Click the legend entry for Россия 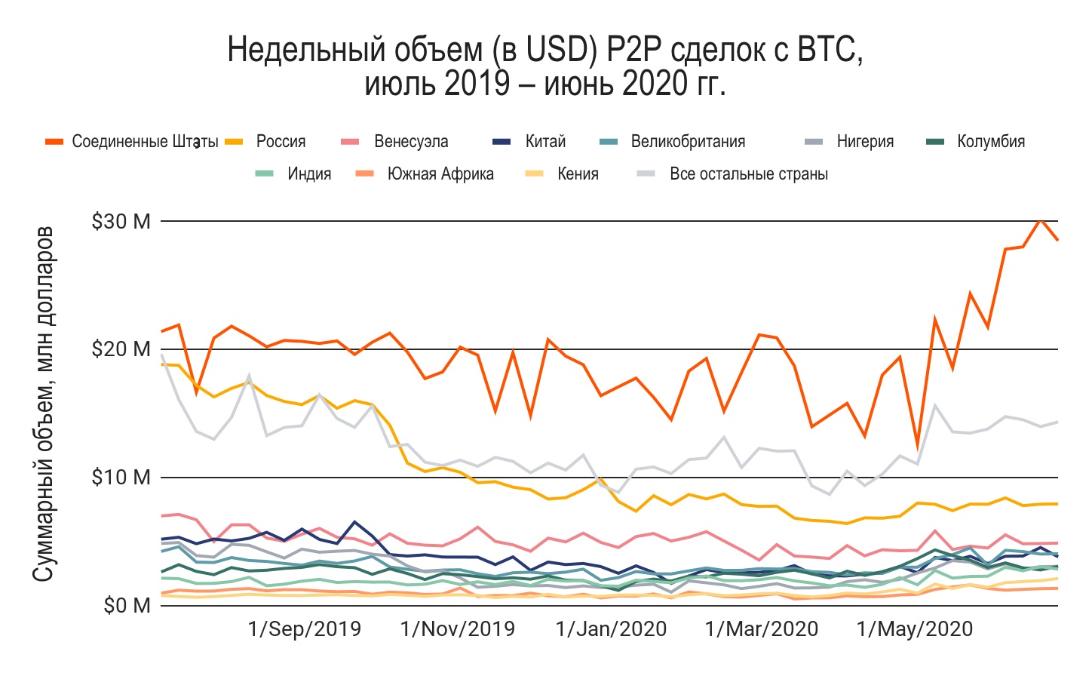click(281, 142)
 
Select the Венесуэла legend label click(410, 142)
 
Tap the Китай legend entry click(544, 142)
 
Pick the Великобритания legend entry click(687, 142)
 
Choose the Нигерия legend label click(864, 142)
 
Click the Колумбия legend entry click(990, 142)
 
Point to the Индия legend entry click(309, 174)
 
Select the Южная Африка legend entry click(440, 174)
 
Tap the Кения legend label click(577, 174)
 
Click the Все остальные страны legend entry click(748, 174)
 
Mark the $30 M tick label click(121, 222)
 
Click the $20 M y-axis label click(121, 349)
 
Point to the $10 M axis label click(121, 478)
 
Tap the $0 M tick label click(127, 606)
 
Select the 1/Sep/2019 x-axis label click(304, 629)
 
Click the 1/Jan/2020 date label click(611, 629)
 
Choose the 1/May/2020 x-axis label click(915, 629)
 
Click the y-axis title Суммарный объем click(44, 403)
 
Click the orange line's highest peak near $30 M click(1041, 220)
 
